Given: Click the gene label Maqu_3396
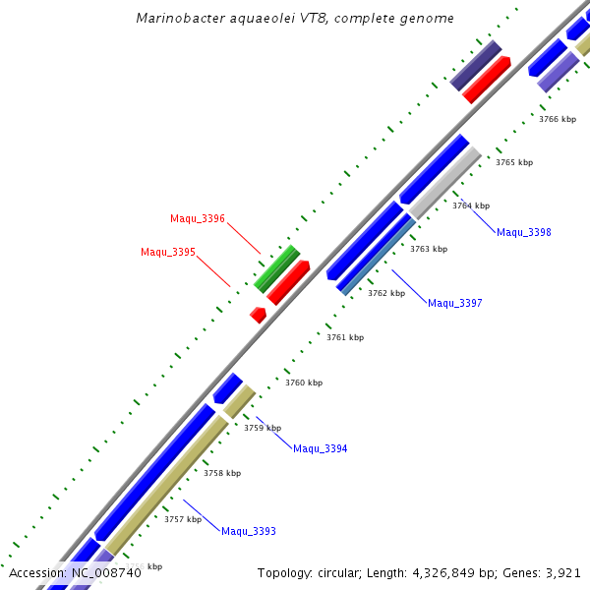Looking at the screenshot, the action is click(197, 218).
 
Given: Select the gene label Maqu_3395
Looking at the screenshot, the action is click(167, 252).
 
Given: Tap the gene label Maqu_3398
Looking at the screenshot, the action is click(523, 233).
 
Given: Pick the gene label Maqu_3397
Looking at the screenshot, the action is click(454, 303).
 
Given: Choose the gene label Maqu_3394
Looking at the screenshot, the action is click(320, 449).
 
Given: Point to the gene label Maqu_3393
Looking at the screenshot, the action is click(248, 532).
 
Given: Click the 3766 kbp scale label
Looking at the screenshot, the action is click(557, 119).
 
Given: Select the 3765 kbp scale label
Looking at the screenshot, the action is click(513, 162).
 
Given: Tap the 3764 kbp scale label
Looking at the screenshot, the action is click(470, 206).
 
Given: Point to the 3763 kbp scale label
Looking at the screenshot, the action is click(428, 249).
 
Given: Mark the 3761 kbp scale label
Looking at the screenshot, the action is click(345, 337).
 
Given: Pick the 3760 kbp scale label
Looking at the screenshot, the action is click(303, 383).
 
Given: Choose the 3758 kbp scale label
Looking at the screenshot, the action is click(221, 473).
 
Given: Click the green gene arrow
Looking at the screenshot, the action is click(276, 268).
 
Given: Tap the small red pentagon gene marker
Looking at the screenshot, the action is click(258, 315).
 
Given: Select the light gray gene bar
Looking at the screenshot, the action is click(445, 182).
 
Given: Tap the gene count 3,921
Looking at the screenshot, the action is click(562, 572).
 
